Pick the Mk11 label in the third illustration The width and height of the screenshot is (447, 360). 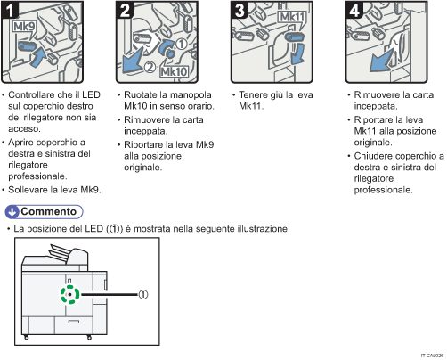pyautogui.click(x=290, y=16)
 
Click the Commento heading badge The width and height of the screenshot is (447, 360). pyautogui.click(x=44, y=211)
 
